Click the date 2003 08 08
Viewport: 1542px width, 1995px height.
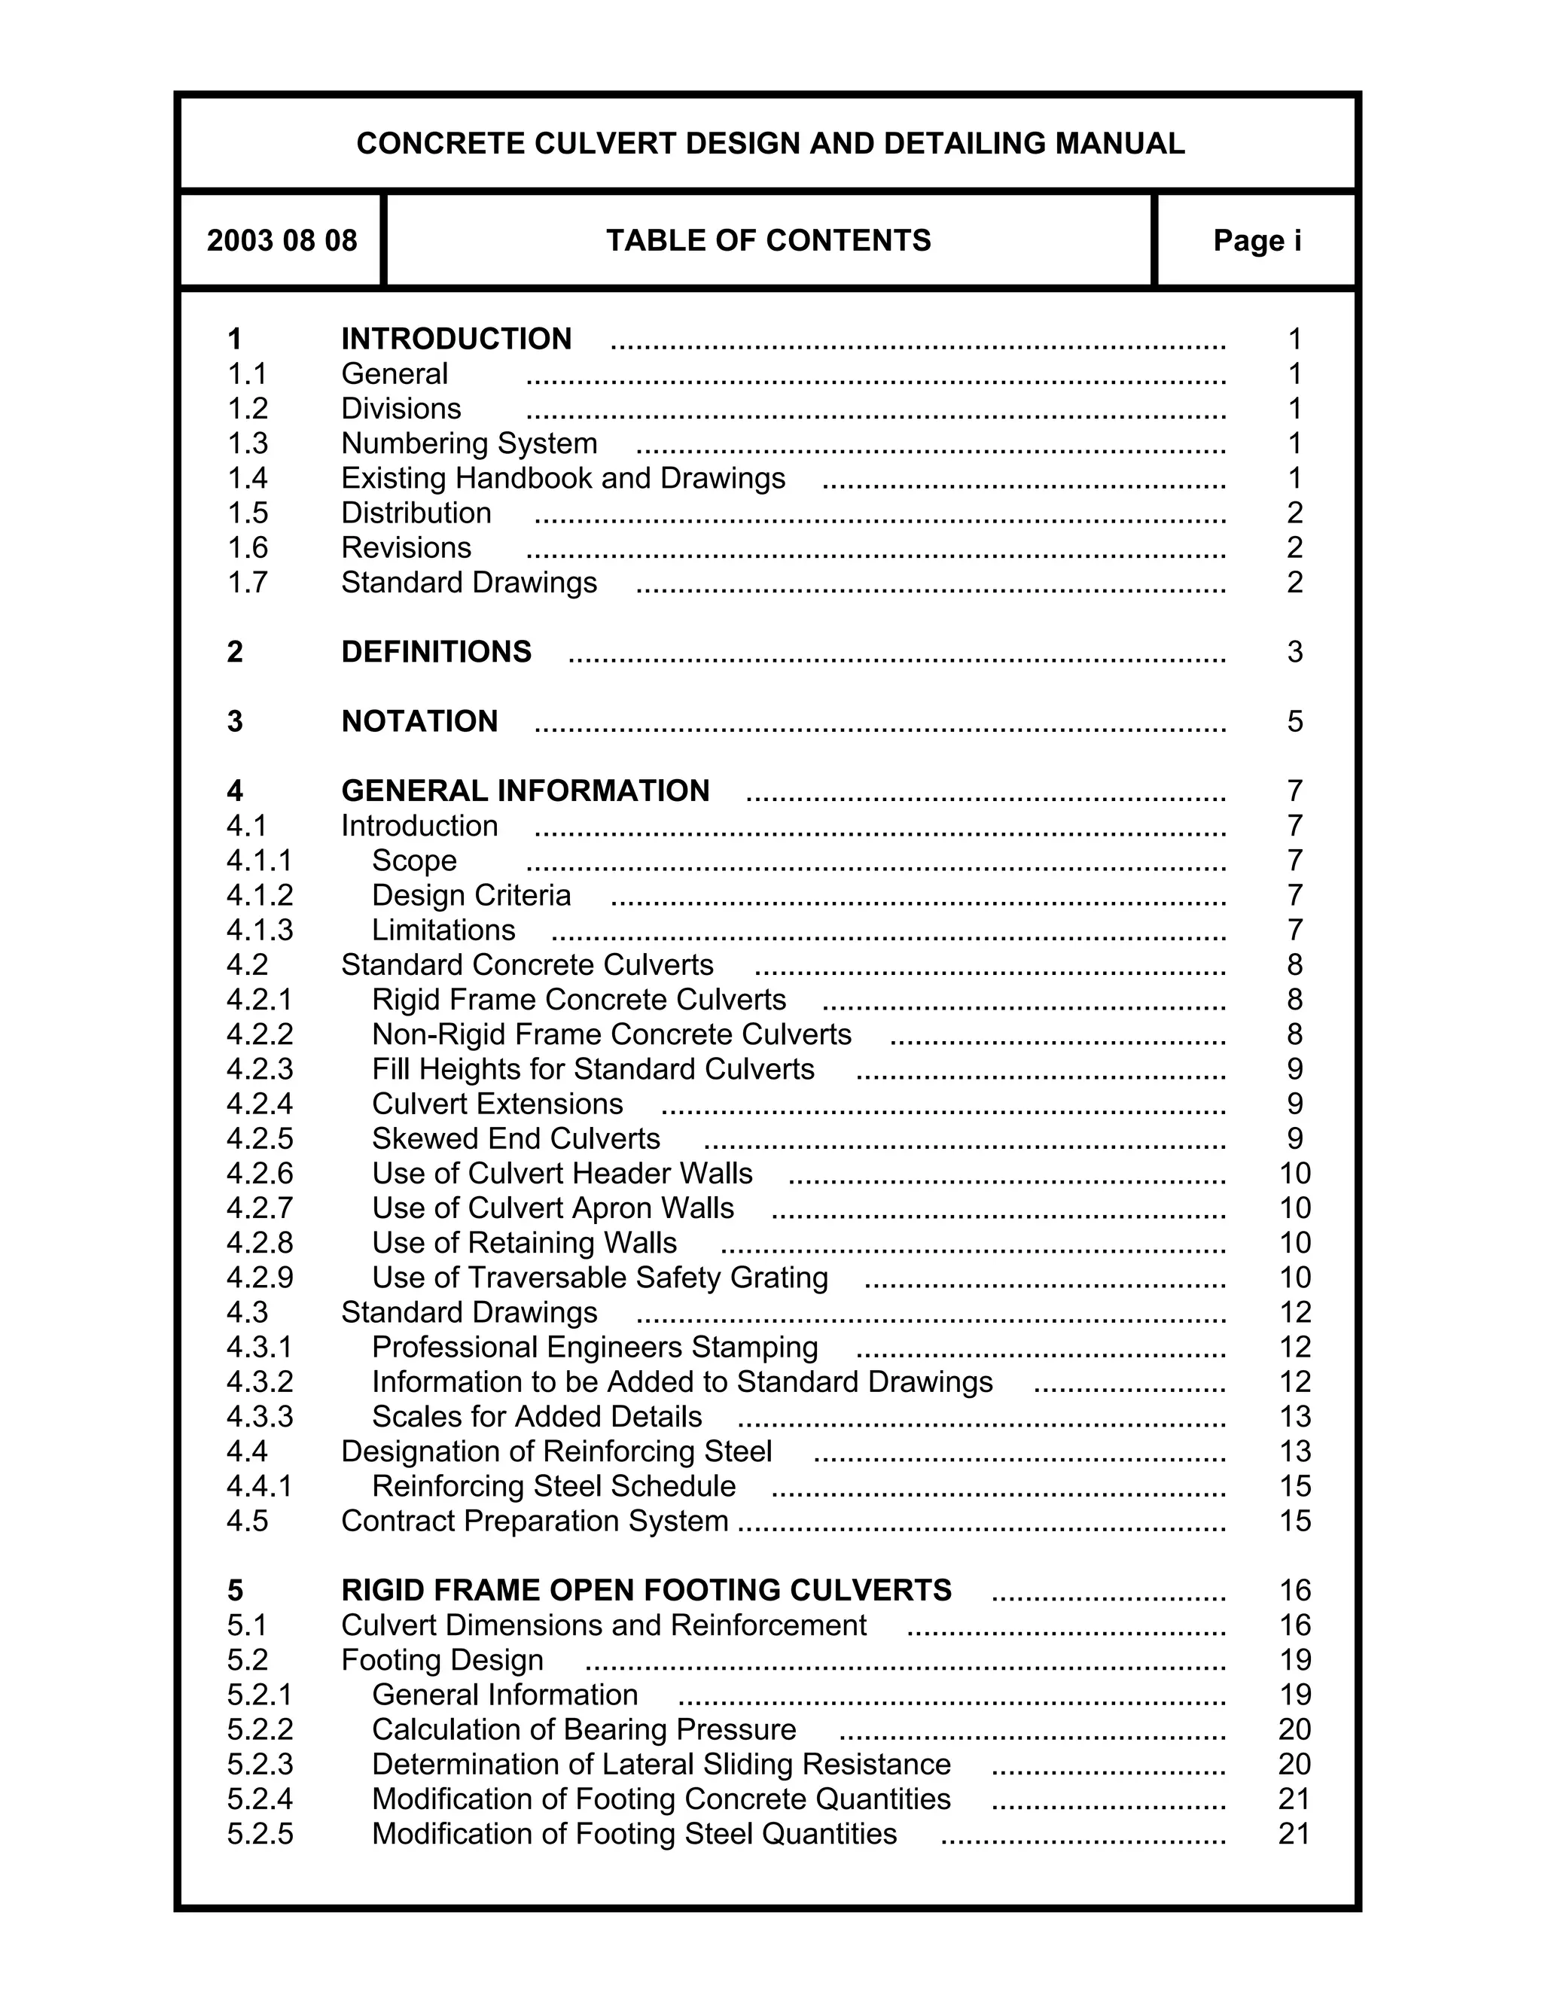tap(282, 240)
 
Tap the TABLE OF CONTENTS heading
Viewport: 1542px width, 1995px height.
tap(768, 240)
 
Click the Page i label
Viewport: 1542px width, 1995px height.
tap(1257, 240)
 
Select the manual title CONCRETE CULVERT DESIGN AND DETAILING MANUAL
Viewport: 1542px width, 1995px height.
tap(770, 143)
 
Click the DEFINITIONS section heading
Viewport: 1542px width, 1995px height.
tap(436, 652)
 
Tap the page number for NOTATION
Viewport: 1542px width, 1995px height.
tap(1294, 722)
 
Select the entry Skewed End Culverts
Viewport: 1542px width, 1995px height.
tap(515, 1139)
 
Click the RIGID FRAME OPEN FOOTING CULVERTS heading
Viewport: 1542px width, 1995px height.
tap(646, 1590)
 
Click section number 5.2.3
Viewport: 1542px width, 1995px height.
tap(261, 1765)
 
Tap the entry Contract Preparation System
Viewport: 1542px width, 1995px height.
tap(535, 1521)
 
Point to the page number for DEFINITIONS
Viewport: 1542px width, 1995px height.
tap(1294, 652)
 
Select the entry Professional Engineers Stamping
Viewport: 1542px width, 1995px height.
tap(595, 1348)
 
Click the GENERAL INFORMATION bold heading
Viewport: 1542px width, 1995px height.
tap(526, 791)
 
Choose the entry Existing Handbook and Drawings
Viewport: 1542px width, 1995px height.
tap(562, 479)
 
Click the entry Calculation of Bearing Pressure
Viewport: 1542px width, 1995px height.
tap(584, 1730)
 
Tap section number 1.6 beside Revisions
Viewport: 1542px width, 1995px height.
tap(248, 548)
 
